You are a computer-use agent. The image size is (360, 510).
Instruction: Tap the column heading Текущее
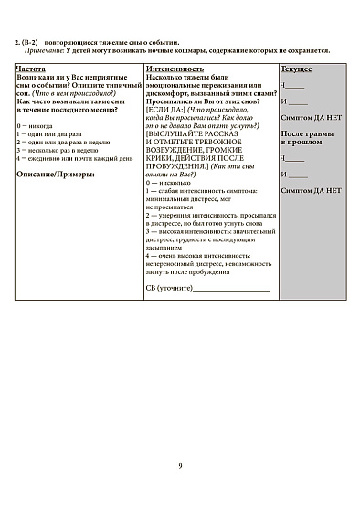coord(295,69)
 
